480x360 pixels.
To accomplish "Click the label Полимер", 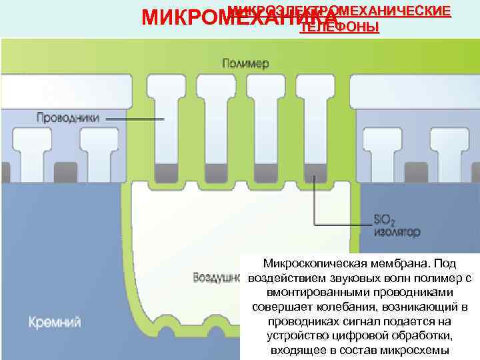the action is tap(245, 64).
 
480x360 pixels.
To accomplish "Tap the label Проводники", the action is tap(67, 118).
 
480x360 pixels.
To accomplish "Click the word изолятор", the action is tap(397, 233).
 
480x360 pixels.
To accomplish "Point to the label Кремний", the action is tap(55, 323).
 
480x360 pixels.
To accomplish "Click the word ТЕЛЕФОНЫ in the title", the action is tap(340, 27).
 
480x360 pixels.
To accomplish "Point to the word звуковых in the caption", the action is tap(341, 278).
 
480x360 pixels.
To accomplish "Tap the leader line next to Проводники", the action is tap(133, 119).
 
